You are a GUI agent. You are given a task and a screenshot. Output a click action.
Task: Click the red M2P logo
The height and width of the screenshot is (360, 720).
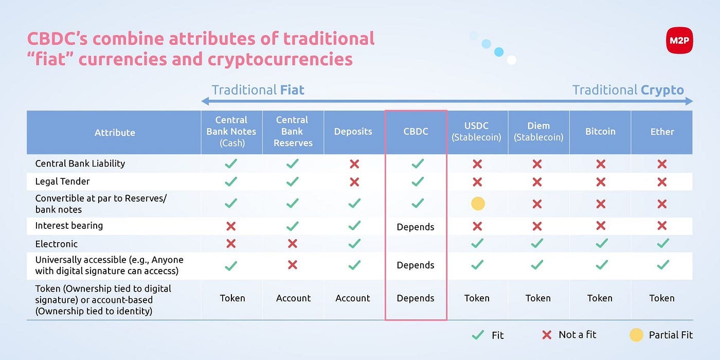679,41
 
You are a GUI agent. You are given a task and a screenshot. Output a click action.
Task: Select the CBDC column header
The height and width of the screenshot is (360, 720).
416,132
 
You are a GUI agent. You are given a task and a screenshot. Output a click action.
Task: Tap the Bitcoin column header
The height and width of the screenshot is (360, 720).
600,132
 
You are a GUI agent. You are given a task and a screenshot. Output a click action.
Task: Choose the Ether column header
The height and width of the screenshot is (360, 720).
662,132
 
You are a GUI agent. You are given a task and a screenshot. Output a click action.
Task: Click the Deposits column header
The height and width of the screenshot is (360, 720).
353,132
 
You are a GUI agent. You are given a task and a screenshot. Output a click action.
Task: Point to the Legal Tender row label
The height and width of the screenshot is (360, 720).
62,181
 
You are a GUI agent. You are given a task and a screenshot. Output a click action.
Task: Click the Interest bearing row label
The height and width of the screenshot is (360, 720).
69,226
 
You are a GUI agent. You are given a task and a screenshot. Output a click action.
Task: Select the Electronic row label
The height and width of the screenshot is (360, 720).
57,244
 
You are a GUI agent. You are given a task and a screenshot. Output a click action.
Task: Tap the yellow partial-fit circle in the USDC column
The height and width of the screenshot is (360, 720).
478,204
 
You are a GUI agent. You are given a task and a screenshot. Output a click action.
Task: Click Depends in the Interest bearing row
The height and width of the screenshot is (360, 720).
416,227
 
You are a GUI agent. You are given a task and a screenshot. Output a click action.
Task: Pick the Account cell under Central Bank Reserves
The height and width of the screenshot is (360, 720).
294,298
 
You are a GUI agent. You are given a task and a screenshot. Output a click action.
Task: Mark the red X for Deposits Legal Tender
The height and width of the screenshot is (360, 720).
354,182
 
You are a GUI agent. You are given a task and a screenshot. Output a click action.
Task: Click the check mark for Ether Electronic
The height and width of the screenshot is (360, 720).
663,243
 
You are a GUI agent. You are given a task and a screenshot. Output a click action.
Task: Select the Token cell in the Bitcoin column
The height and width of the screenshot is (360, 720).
600,298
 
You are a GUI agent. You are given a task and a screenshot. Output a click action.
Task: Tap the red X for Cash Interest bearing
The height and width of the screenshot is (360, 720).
231,226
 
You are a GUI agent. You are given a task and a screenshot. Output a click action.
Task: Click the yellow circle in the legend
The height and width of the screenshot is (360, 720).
636,335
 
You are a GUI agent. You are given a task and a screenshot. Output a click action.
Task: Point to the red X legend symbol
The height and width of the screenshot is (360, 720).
547,335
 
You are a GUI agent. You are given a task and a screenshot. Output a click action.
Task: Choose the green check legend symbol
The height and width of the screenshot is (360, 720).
478,335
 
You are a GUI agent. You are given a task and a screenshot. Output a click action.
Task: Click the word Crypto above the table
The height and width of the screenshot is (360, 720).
662,91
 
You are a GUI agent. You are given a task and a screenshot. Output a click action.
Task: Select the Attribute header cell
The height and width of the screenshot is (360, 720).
114,133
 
